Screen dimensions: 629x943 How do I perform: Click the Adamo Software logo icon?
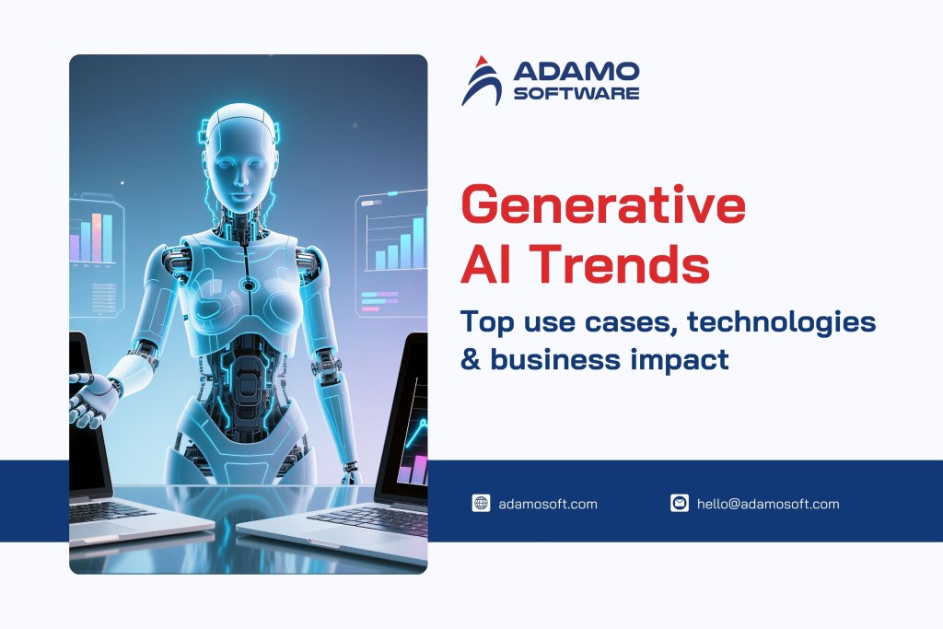481,81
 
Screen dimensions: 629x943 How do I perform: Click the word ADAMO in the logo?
576,73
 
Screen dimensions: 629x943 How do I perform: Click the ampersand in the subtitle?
471,359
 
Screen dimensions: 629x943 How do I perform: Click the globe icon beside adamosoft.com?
481,503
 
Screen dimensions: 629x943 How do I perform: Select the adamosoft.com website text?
547,504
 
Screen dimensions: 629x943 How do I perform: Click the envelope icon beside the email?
680,503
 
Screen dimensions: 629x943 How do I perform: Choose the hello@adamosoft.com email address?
768,504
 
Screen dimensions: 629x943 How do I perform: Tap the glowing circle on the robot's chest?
248,285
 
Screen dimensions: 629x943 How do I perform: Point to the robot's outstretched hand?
93,397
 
